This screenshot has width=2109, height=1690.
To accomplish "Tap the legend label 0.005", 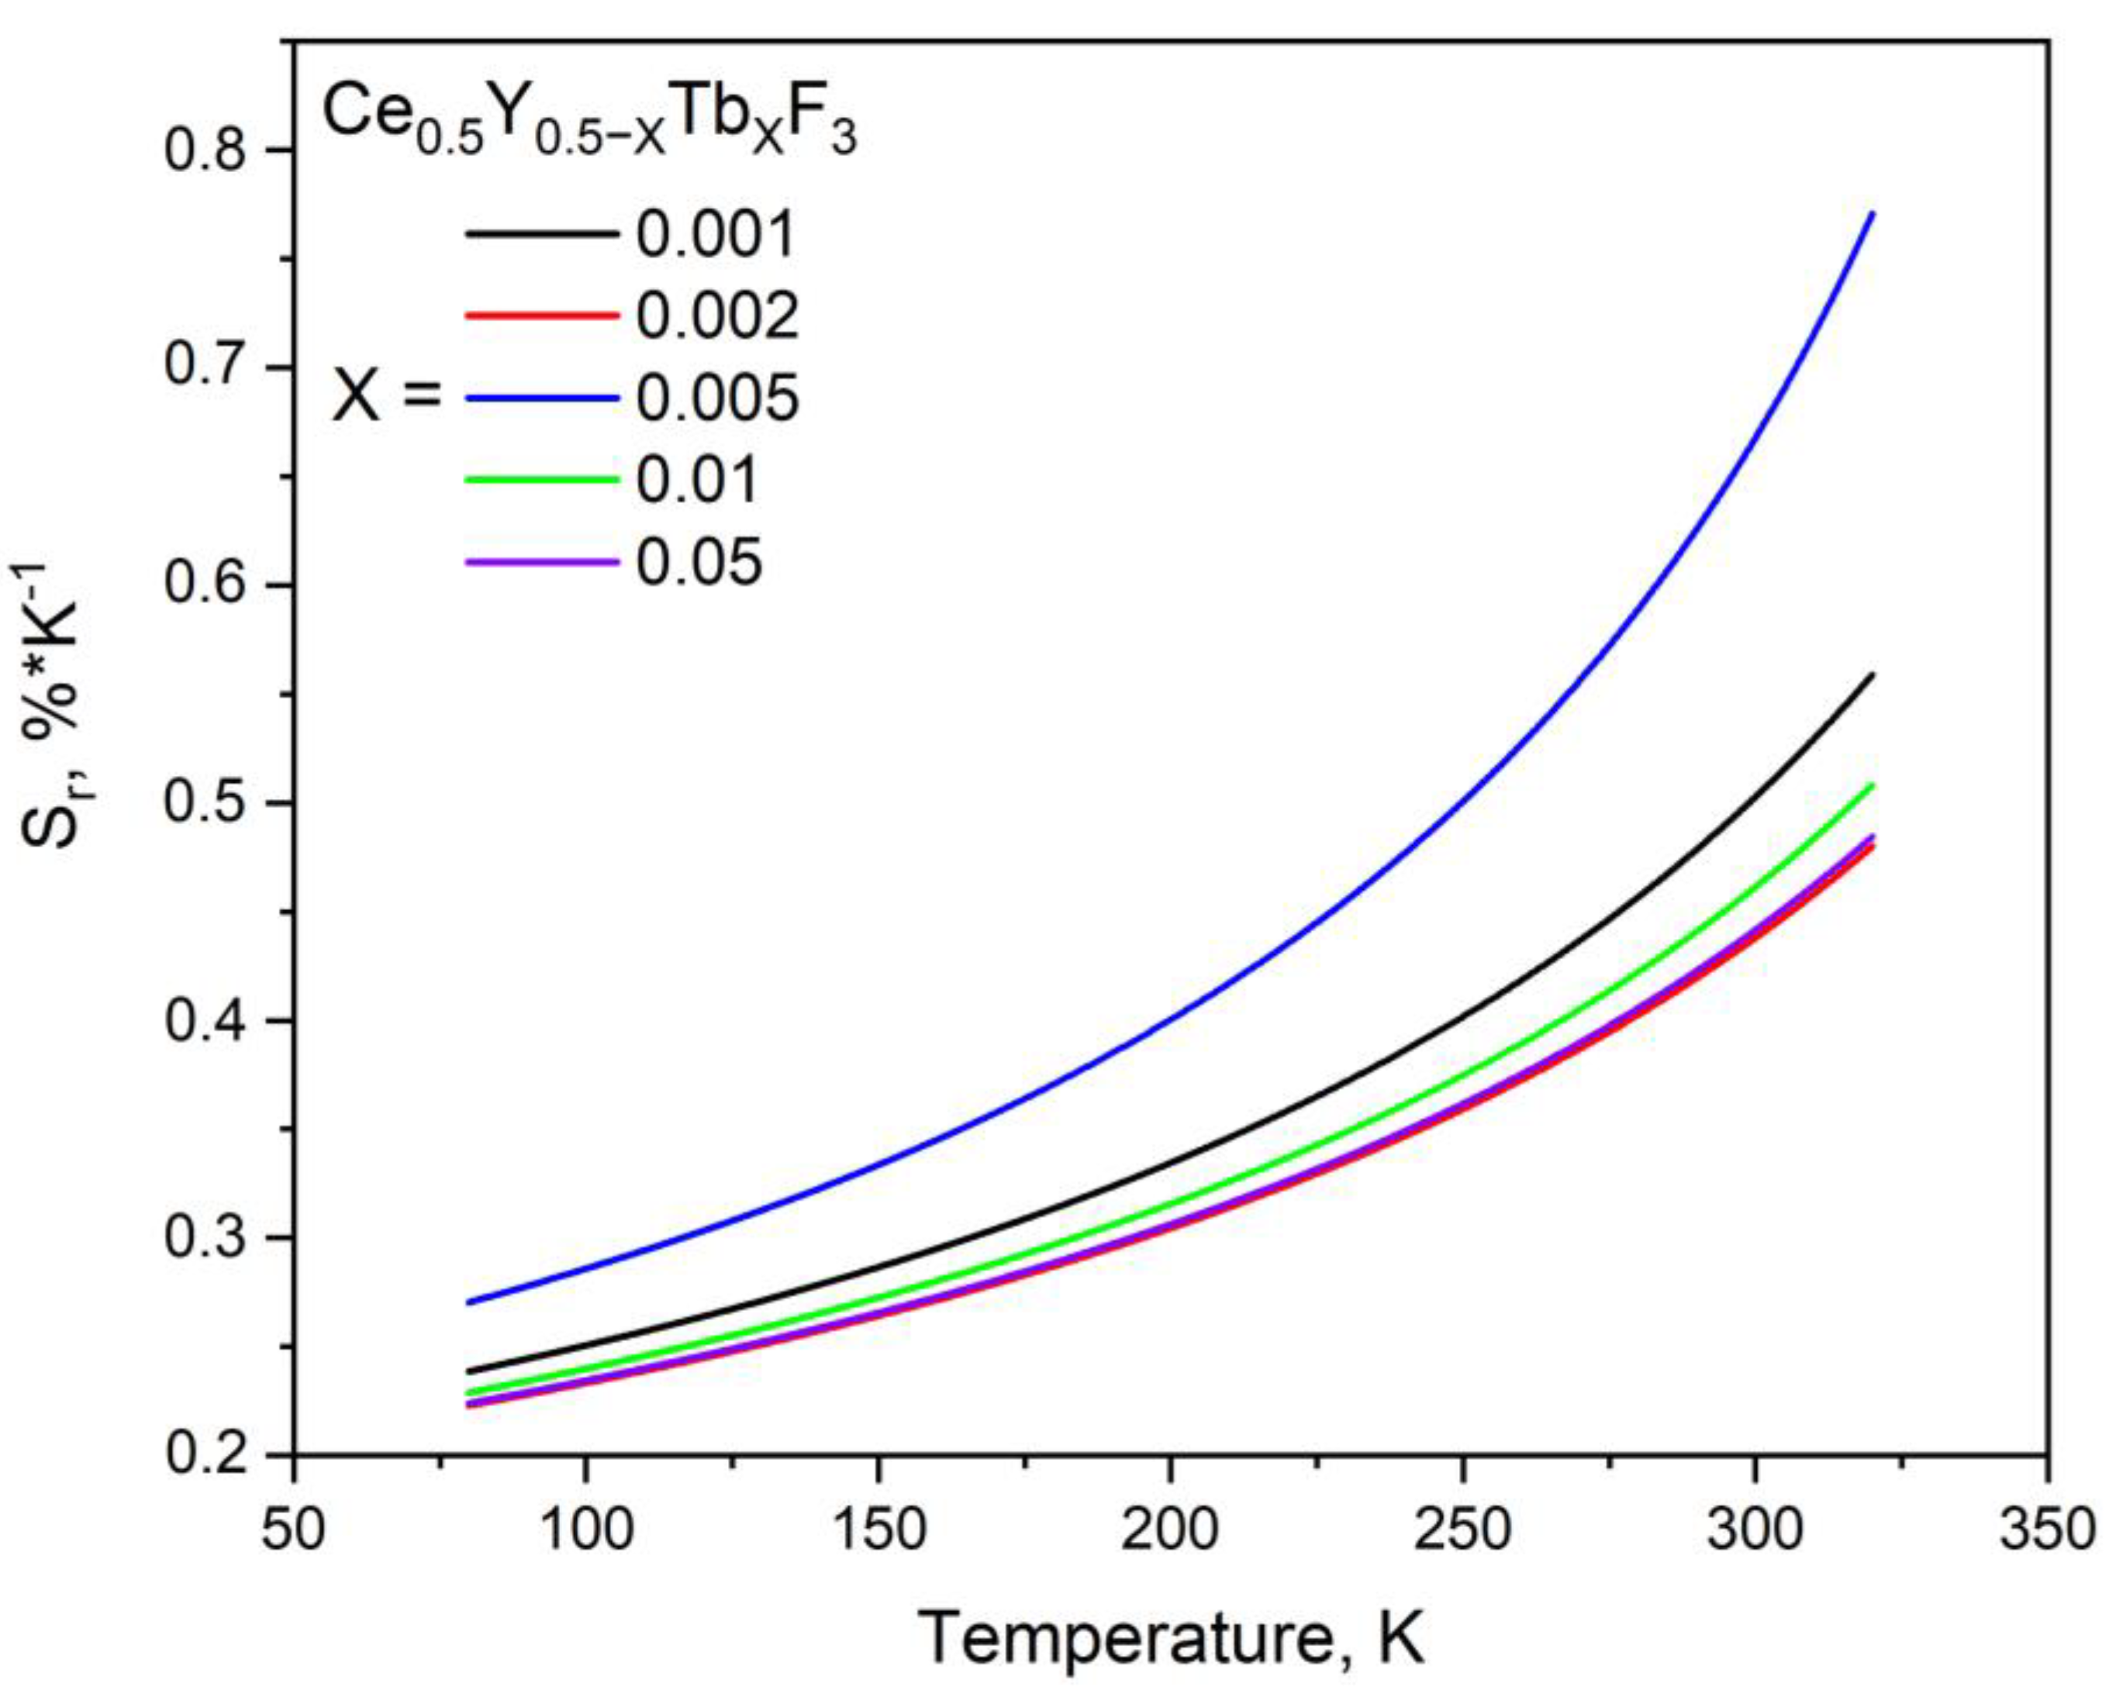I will (718, 398).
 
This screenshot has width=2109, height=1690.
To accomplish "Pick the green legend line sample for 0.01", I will (541, 480).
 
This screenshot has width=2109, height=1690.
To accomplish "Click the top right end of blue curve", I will (1871, 213).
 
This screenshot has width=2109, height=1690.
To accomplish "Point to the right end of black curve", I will (1871, 674).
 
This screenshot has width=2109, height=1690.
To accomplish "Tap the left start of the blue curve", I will (470, 1302).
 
